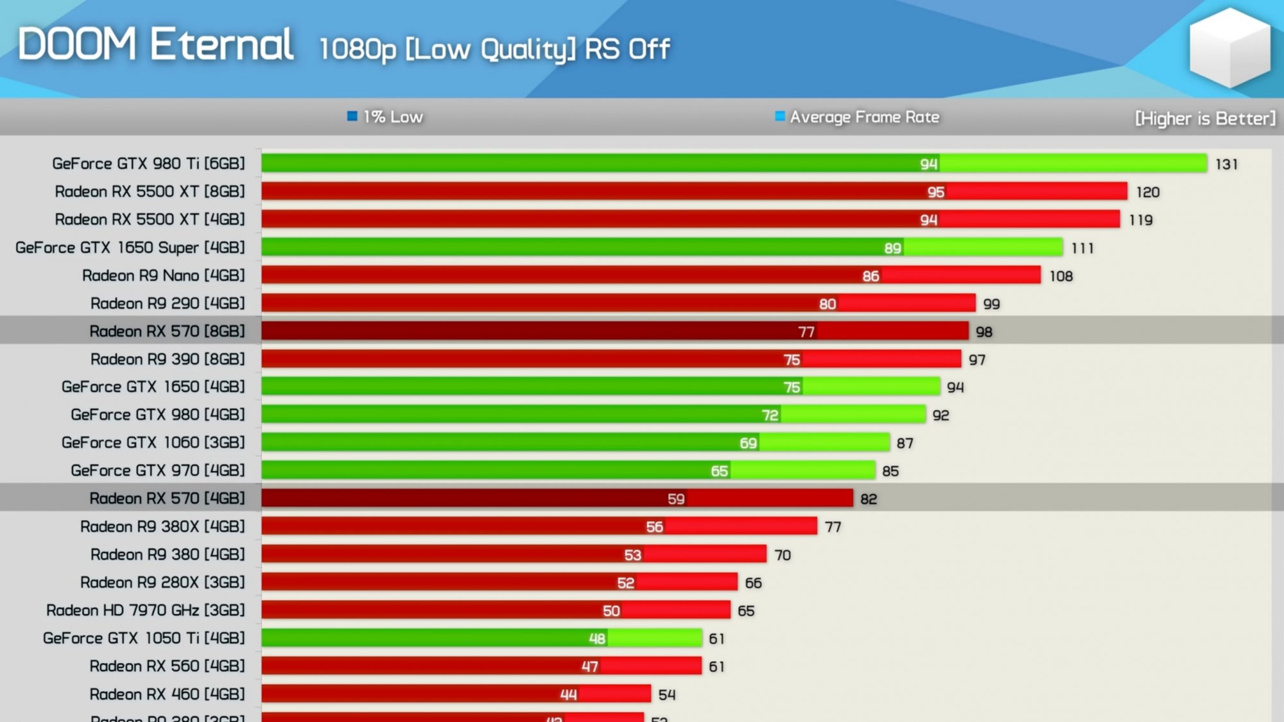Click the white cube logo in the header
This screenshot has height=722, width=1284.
pos(1229,47)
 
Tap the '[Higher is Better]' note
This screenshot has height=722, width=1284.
pos(1204,119)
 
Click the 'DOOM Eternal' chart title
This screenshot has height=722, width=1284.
pos(156,44)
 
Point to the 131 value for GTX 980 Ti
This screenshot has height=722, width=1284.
pos(1226,164)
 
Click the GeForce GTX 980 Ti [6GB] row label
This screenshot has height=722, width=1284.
pos(148,164)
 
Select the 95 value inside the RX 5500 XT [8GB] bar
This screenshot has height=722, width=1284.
pos(935,192)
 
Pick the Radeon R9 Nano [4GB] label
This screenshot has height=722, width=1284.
pos(163,275)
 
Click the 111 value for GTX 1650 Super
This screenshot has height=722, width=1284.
pos(1082,248)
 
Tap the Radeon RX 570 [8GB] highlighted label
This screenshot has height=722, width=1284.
pos(167,331)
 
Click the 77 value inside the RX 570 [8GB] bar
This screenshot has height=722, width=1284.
pos(806,332)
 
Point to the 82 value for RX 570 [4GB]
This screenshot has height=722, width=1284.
pos(869,499)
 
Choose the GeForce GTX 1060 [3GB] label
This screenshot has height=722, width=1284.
pos(153,443)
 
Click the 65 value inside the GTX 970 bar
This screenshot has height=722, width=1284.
pos(719,471)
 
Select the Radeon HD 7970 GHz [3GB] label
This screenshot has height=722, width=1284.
pos(145,610)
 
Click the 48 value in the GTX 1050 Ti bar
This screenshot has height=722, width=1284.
pos(597,639)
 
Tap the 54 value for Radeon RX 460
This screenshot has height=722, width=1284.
pos(667,694)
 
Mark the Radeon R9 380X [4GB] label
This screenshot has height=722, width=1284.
pos(162,527)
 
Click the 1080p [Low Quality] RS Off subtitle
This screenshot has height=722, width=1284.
pos(494,49)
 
